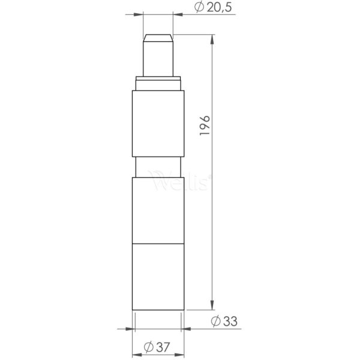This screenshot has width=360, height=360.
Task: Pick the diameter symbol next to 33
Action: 216,321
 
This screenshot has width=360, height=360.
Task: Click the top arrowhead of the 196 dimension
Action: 213,38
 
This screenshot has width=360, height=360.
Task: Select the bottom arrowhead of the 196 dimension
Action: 213,306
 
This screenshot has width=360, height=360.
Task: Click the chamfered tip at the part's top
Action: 158,37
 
